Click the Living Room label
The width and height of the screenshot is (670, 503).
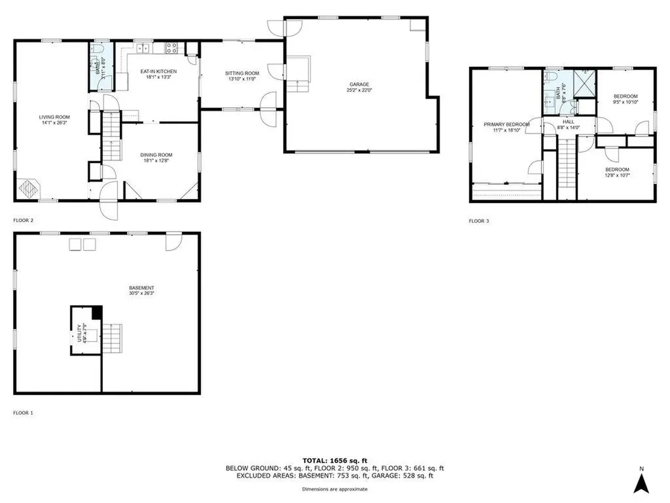tap(54, 117)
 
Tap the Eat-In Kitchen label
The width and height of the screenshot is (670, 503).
tap(158, 71)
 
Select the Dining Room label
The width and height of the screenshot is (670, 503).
tap(156, 155)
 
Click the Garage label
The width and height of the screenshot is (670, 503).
tap(359, 84)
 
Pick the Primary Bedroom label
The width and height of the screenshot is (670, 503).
tap(506, 124)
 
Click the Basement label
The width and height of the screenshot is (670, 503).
tap(141, 288)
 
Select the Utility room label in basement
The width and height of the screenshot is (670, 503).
tap(79, 333)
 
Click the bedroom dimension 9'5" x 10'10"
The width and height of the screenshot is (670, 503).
tap(625, 102)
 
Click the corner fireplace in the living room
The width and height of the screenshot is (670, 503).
tap(28, 188)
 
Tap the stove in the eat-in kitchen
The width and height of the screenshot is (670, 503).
tap(172, 47)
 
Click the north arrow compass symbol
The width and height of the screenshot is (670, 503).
tap(643, 483)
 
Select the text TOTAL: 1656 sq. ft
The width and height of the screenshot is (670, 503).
tap(334, 460)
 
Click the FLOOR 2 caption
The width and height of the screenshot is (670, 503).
tap(23, 221)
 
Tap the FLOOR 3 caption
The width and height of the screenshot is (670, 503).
tap(478, 221)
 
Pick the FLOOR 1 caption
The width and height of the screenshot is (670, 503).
tap(23, 413)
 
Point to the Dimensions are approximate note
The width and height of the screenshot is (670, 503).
tap(334, 489)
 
